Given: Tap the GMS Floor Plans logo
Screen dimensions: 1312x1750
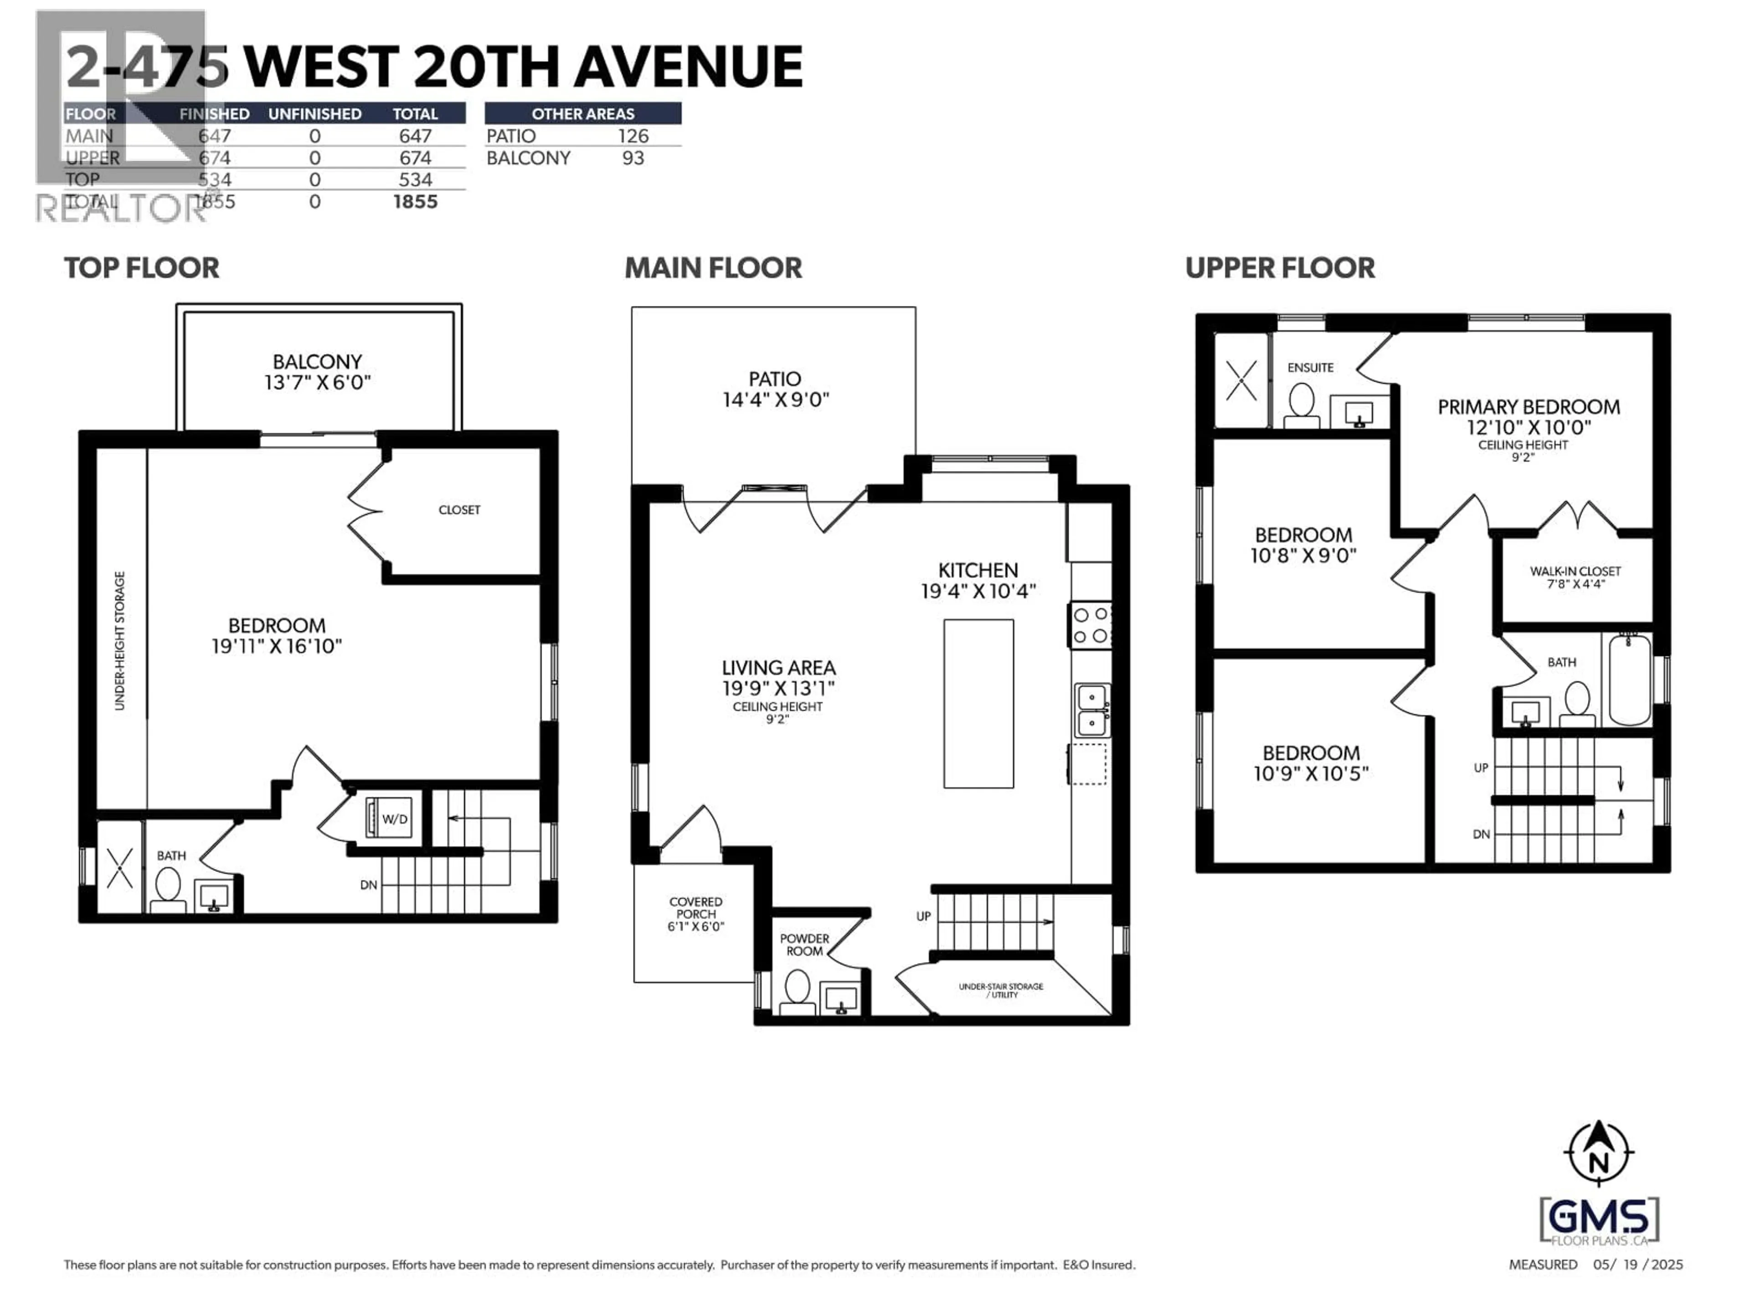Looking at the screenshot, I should point(1599,1221).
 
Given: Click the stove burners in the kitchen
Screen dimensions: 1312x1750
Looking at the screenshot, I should point(1090,625).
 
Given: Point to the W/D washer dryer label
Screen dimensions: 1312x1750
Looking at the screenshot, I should point(394,819).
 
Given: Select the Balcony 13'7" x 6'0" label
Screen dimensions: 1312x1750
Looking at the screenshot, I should point(317,372).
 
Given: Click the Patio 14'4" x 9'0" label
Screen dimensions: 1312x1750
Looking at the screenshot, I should point(775,389).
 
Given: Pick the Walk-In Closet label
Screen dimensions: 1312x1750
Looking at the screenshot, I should point(1575,577).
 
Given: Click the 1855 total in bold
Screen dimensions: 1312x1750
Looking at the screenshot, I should point(415,202).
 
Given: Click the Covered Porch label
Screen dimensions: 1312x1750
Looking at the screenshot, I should point(695,913).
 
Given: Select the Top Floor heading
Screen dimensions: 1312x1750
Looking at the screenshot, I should point(142,268).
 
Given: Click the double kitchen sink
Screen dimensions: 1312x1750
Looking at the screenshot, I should point(1092,709).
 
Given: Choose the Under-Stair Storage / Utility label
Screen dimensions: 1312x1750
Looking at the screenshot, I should point(1001,990).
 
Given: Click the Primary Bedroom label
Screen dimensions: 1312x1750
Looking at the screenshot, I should point(1528,417).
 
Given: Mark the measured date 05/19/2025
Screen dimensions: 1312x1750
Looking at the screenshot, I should point(1637,1265).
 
